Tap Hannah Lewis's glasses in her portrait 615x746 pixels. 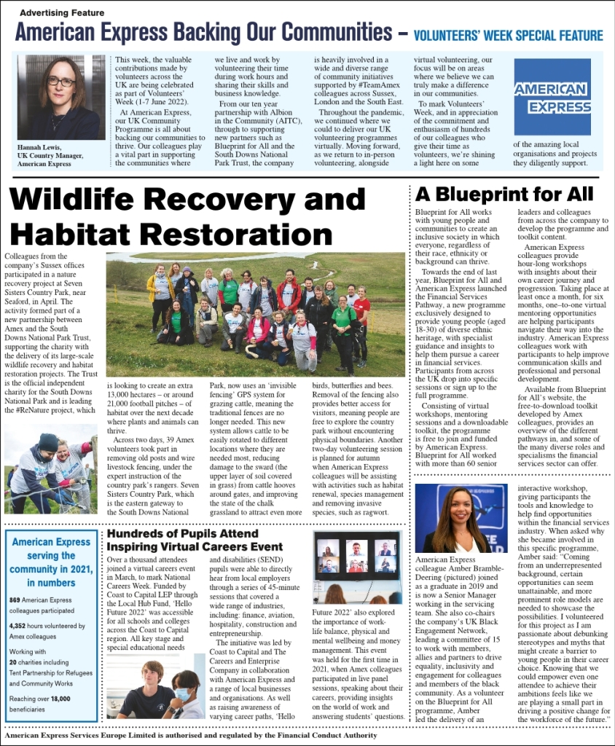point(61,82)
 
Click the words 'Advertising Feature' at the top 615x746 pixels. point(62,12)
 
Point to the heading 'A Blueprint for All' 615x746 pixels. point(504,194)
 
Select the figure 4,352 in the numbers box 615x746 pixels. point(22,625)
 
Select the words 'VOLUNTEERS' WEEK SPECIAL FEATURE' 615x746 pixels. point(508,36)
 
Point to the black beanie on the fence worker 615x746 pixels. point(48,442)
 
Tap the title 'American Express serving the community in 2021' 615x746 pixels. point(51,562)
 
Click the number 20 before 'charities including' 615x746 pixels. point(13,663)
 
